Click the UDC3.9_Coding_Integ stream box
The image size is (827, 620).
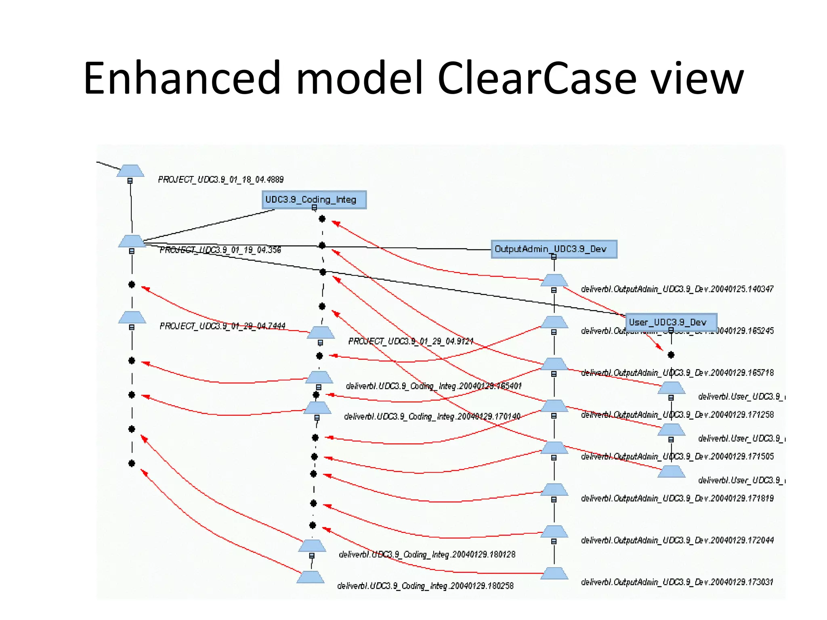click(x=314, y=199)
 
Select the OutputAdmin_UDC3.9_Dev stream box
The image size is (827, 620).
click(x=554, y=249)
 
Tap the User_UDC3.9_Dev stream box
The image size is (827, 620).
click(x=671, y=322)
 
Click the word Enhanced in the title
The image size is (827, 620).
click(x=181, y=79)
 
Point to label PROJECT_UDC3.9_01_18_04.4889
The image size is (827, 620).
click(x=220, y=179)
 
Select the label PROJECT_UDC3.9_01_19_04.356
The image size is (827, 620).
click(x=220, y=250)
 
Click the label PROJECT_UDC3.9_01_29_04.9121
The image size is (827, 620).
click(x=410, y=341)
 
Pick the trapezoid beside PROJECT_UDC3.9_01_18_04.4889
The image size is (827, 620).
click(x=130, y=171)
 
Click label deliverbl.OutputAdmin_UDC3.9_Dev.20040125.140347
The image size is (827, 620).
click(x=677, y=289)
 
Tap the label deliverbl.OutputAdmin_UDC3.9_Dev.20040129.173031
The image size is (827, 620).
click(x=677, y=582)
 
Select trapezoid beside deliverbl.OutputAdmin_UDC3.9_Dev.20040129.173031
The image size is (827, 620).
click(x=554, y=573)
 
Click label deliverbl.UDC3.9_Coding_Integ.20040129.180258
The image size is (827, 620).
click(x=425, y=586)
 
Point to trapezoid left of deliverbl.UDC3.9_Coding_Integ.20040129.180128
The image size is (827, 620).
click(x=312, y=546)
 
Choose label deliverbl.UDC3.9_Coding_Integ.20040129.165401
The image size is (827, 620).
click(x=433, y=386)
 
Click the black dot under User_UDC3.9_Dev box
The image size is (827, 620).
click(x=671, y=355)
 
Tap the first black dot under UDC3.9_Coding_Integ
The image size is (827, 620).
click(x=322, y=219)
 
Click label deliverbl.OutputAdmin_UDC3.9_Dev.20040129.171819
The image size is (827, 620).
click(x=677, y=499)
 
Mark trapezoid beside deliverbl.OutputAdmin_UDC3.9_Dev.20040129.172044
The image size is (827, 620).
click(x=554, y=532)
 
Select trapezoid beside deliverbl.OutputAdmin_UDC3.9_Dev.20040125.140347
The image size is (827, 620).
click(x=554, y=280)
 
